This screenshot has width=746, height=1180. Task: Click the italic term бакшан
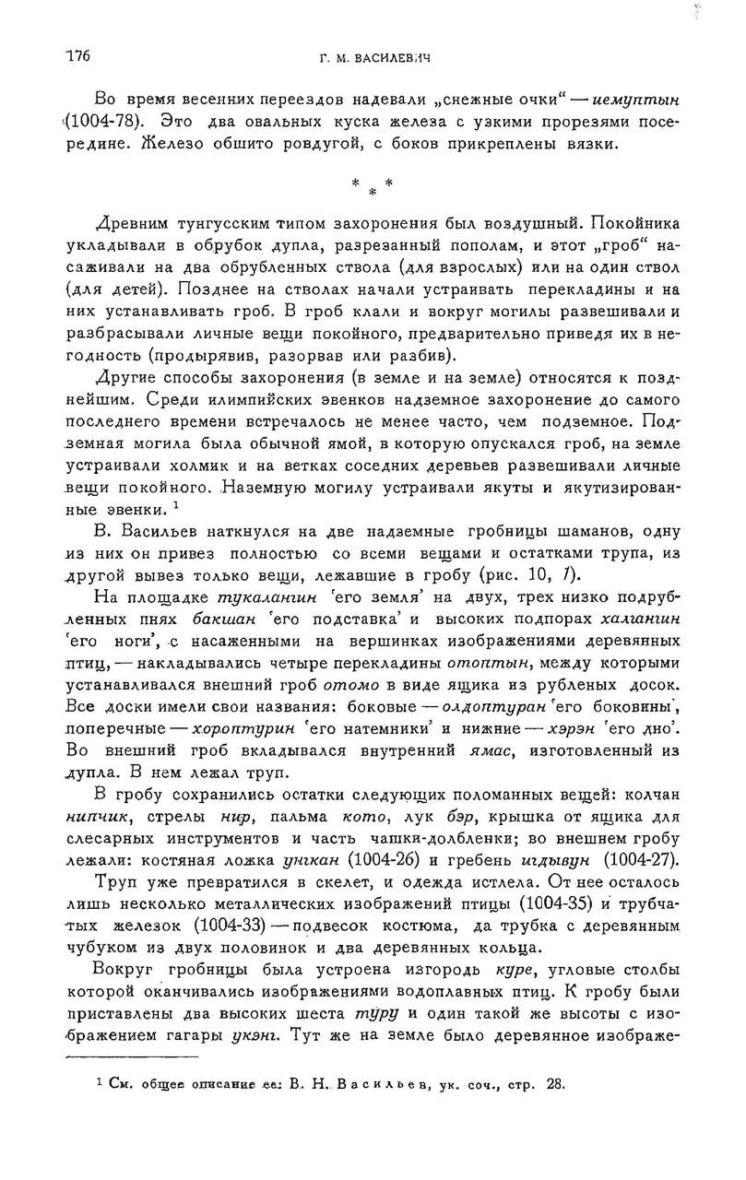click(x=225, y=620)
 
